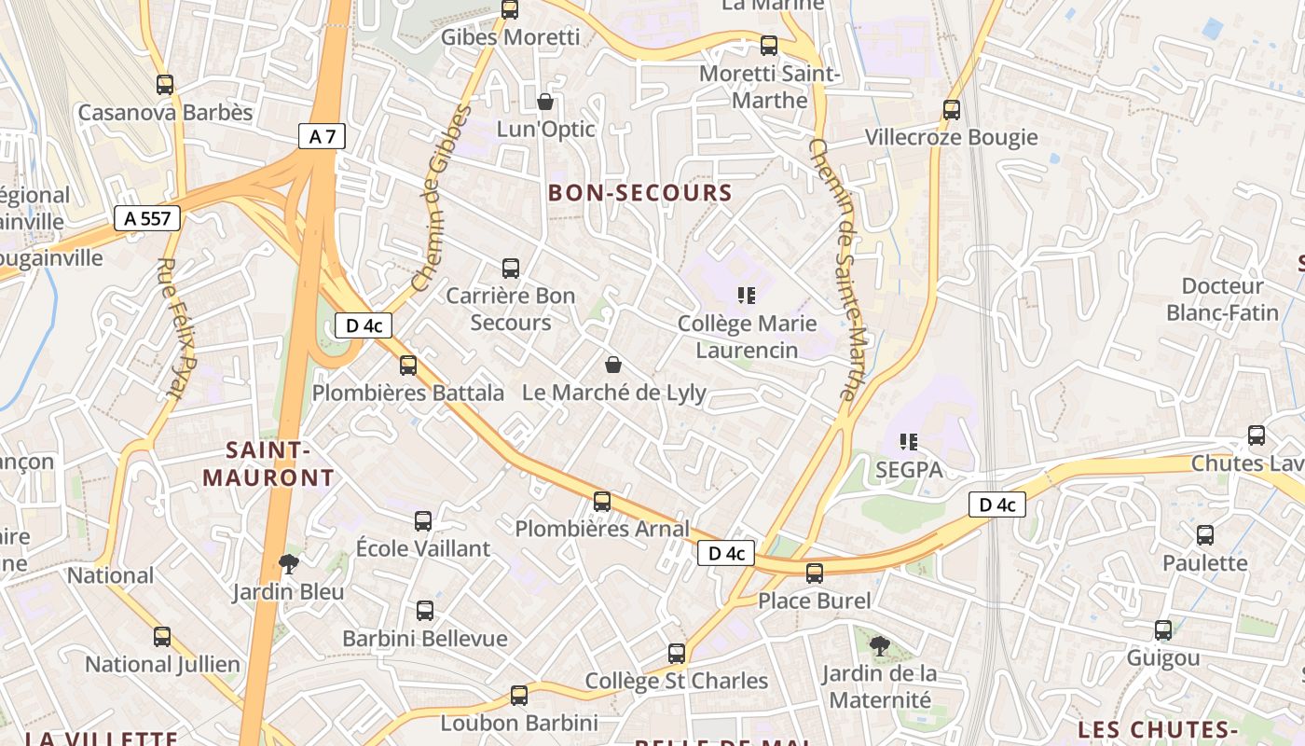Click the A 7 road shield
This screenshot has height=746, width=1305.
(x=322, y=137)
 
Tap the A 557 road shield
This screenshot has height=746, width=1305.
(x=147, y=218)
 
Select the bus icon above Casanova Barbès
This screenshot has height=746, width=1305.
(x=165, y=85)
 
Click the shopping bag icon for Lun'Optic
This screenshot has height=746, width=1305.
(x=545, y=101)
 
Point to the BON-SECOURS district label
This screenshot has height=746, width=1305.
(x=639, y=193)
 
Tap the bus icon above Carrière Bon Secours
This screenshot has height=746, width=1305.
(x=511, y=269)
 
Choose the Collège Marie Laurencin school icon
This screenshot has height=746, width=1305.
(x=747, y=296)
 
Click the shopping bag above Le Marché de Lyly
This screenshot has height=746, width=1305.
(x=613, y=364)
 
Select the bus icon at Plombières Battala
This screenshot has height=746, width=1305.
(x=408, y=366)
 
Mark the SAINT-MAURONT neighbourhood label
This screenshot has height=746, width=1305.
(x=268, y=464)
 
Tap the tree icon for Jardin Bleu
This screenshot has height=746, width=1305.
(x=289, y=563)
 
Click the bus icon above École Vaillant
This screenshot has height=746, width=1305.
(x=423, y=521)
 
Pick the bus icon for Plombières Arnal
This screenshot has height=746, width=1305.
(x=602, y=502)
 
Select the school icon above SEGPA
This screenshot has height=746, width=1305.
(x=909, y=442)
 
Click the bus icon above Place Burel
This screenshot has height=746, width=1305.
(x=815, y=573)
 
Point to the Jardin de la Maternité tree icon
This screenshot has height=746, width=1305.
(x=879, y=645)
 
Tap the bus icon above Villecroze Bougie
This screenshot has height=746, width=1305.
(x=952, y=110)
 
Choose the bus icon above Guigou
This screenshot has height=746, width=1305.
(x=1163, y=630)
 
